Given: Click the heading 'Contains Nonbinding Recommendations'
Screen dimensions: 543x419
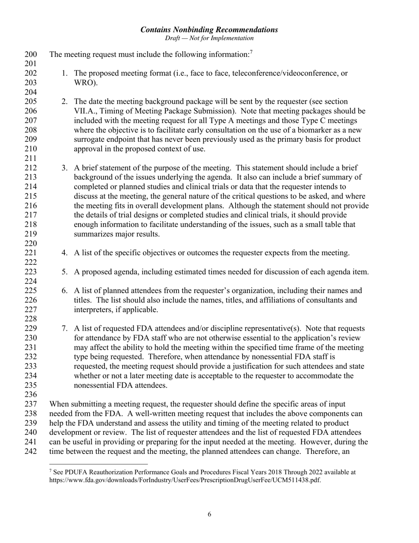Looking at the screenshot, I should click(x=209, y=30).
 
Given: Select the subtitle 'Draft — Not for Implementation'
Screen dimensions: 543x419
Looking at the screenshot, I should click(x=209, y=38).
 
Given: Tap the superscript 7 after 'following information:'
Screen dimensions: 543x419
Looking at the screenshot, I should click(x=251, y=53).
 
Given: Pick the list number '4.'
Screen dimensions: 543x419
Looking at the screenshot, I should click(x=65, y=253).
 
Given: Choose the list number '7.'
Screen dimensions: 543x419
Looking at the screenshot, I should click(x=65, y=328).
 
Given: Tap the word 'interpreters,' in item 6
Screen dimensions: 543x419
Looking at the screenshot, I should click(x=94, y=310).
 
